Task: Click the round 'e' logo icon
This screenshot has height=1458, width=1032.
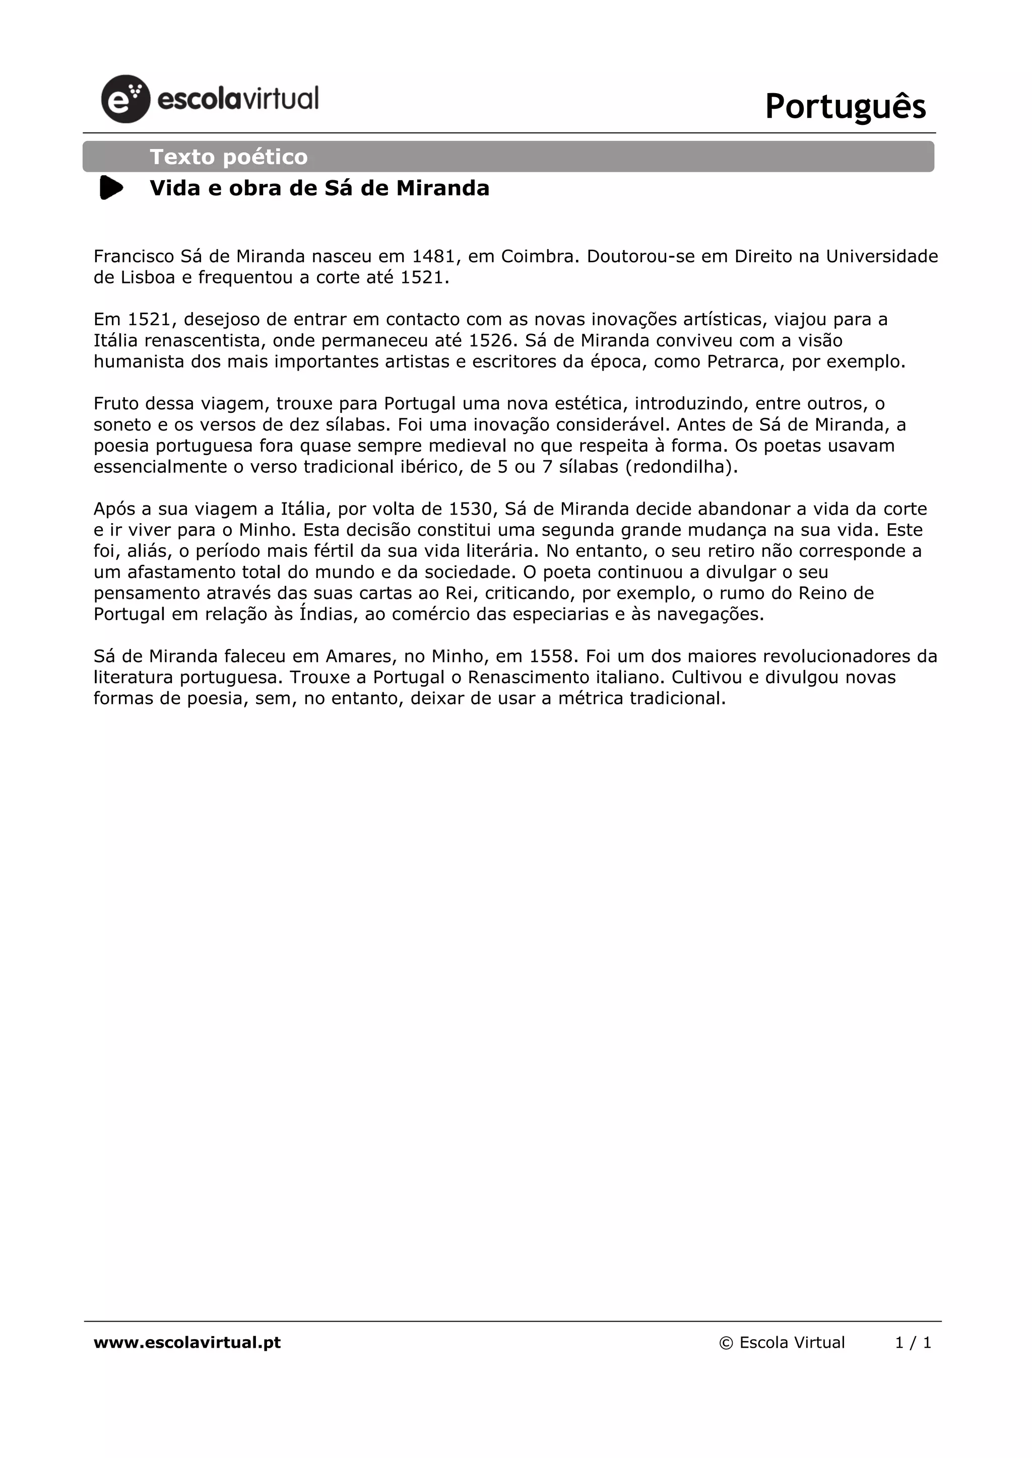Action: click(125, 99)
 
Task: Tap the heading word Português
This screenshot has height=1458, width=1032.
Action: click(845, 106)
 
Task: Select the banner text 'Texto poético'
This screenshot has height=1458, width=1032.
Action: click(229, 157)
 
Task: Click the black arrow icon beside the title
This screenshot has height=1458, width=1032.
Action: click(111, 188)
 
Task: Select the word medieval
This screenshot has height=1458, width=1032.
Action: click(469, 446)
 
